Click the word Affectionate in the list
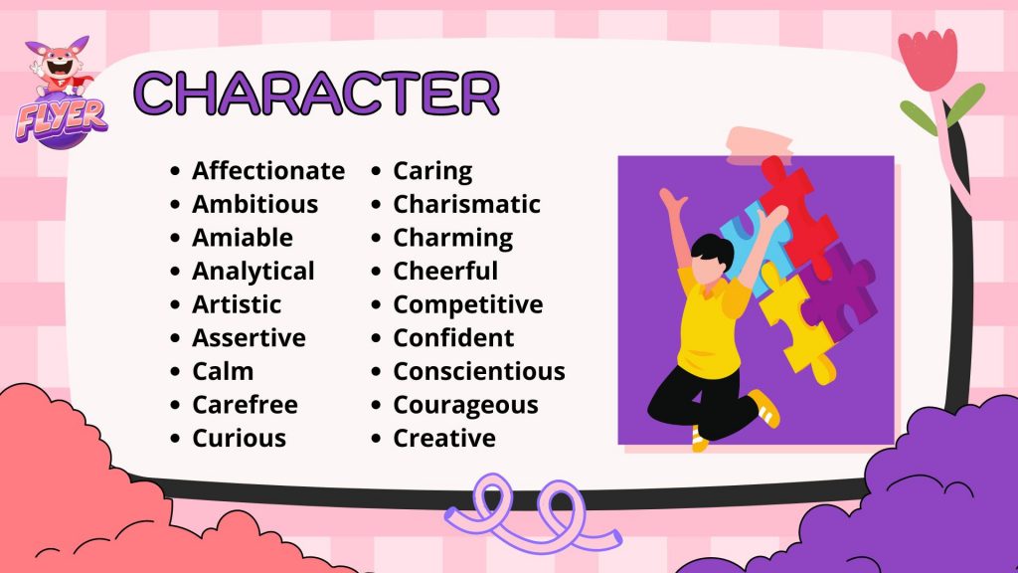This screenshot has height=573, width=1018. (x=268, y=171)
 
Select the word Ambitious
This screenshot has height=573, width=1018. (x=255, y=205)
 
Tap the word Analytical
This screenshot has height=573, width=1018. (x=254, y=272)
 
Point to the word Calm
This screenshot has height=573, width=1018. (x=223, y=372)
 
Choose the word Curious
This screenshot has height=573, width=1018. (x=239, y=439)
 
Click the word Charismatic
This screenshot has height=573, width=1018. (x=466, y=205)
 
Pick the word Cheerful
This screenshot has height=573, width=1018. (x=445, y=271)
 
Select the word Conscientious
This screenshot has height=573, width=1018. (x=479, y=372)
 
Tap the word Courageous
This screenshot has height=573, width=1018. (x=465, y=406)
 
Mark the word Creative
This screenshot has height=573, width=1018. (x=444, y=439)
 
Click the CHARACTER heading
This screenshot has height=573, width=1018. (x=317, y=93)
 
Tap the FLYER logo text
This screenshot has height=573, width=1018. (x=62, y=120)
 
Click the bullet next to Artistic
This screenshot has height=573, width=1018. (x=175, y=304)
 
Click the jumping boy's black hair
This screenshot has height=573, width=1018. (x=713, y=251)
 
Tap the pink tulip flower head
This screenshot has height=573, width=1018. (x=929, y=59)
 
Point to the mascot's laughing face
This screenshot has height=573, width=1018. (x=60, y=65)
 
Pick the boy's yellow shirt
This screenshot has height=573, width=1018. (x=710, y=325)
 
